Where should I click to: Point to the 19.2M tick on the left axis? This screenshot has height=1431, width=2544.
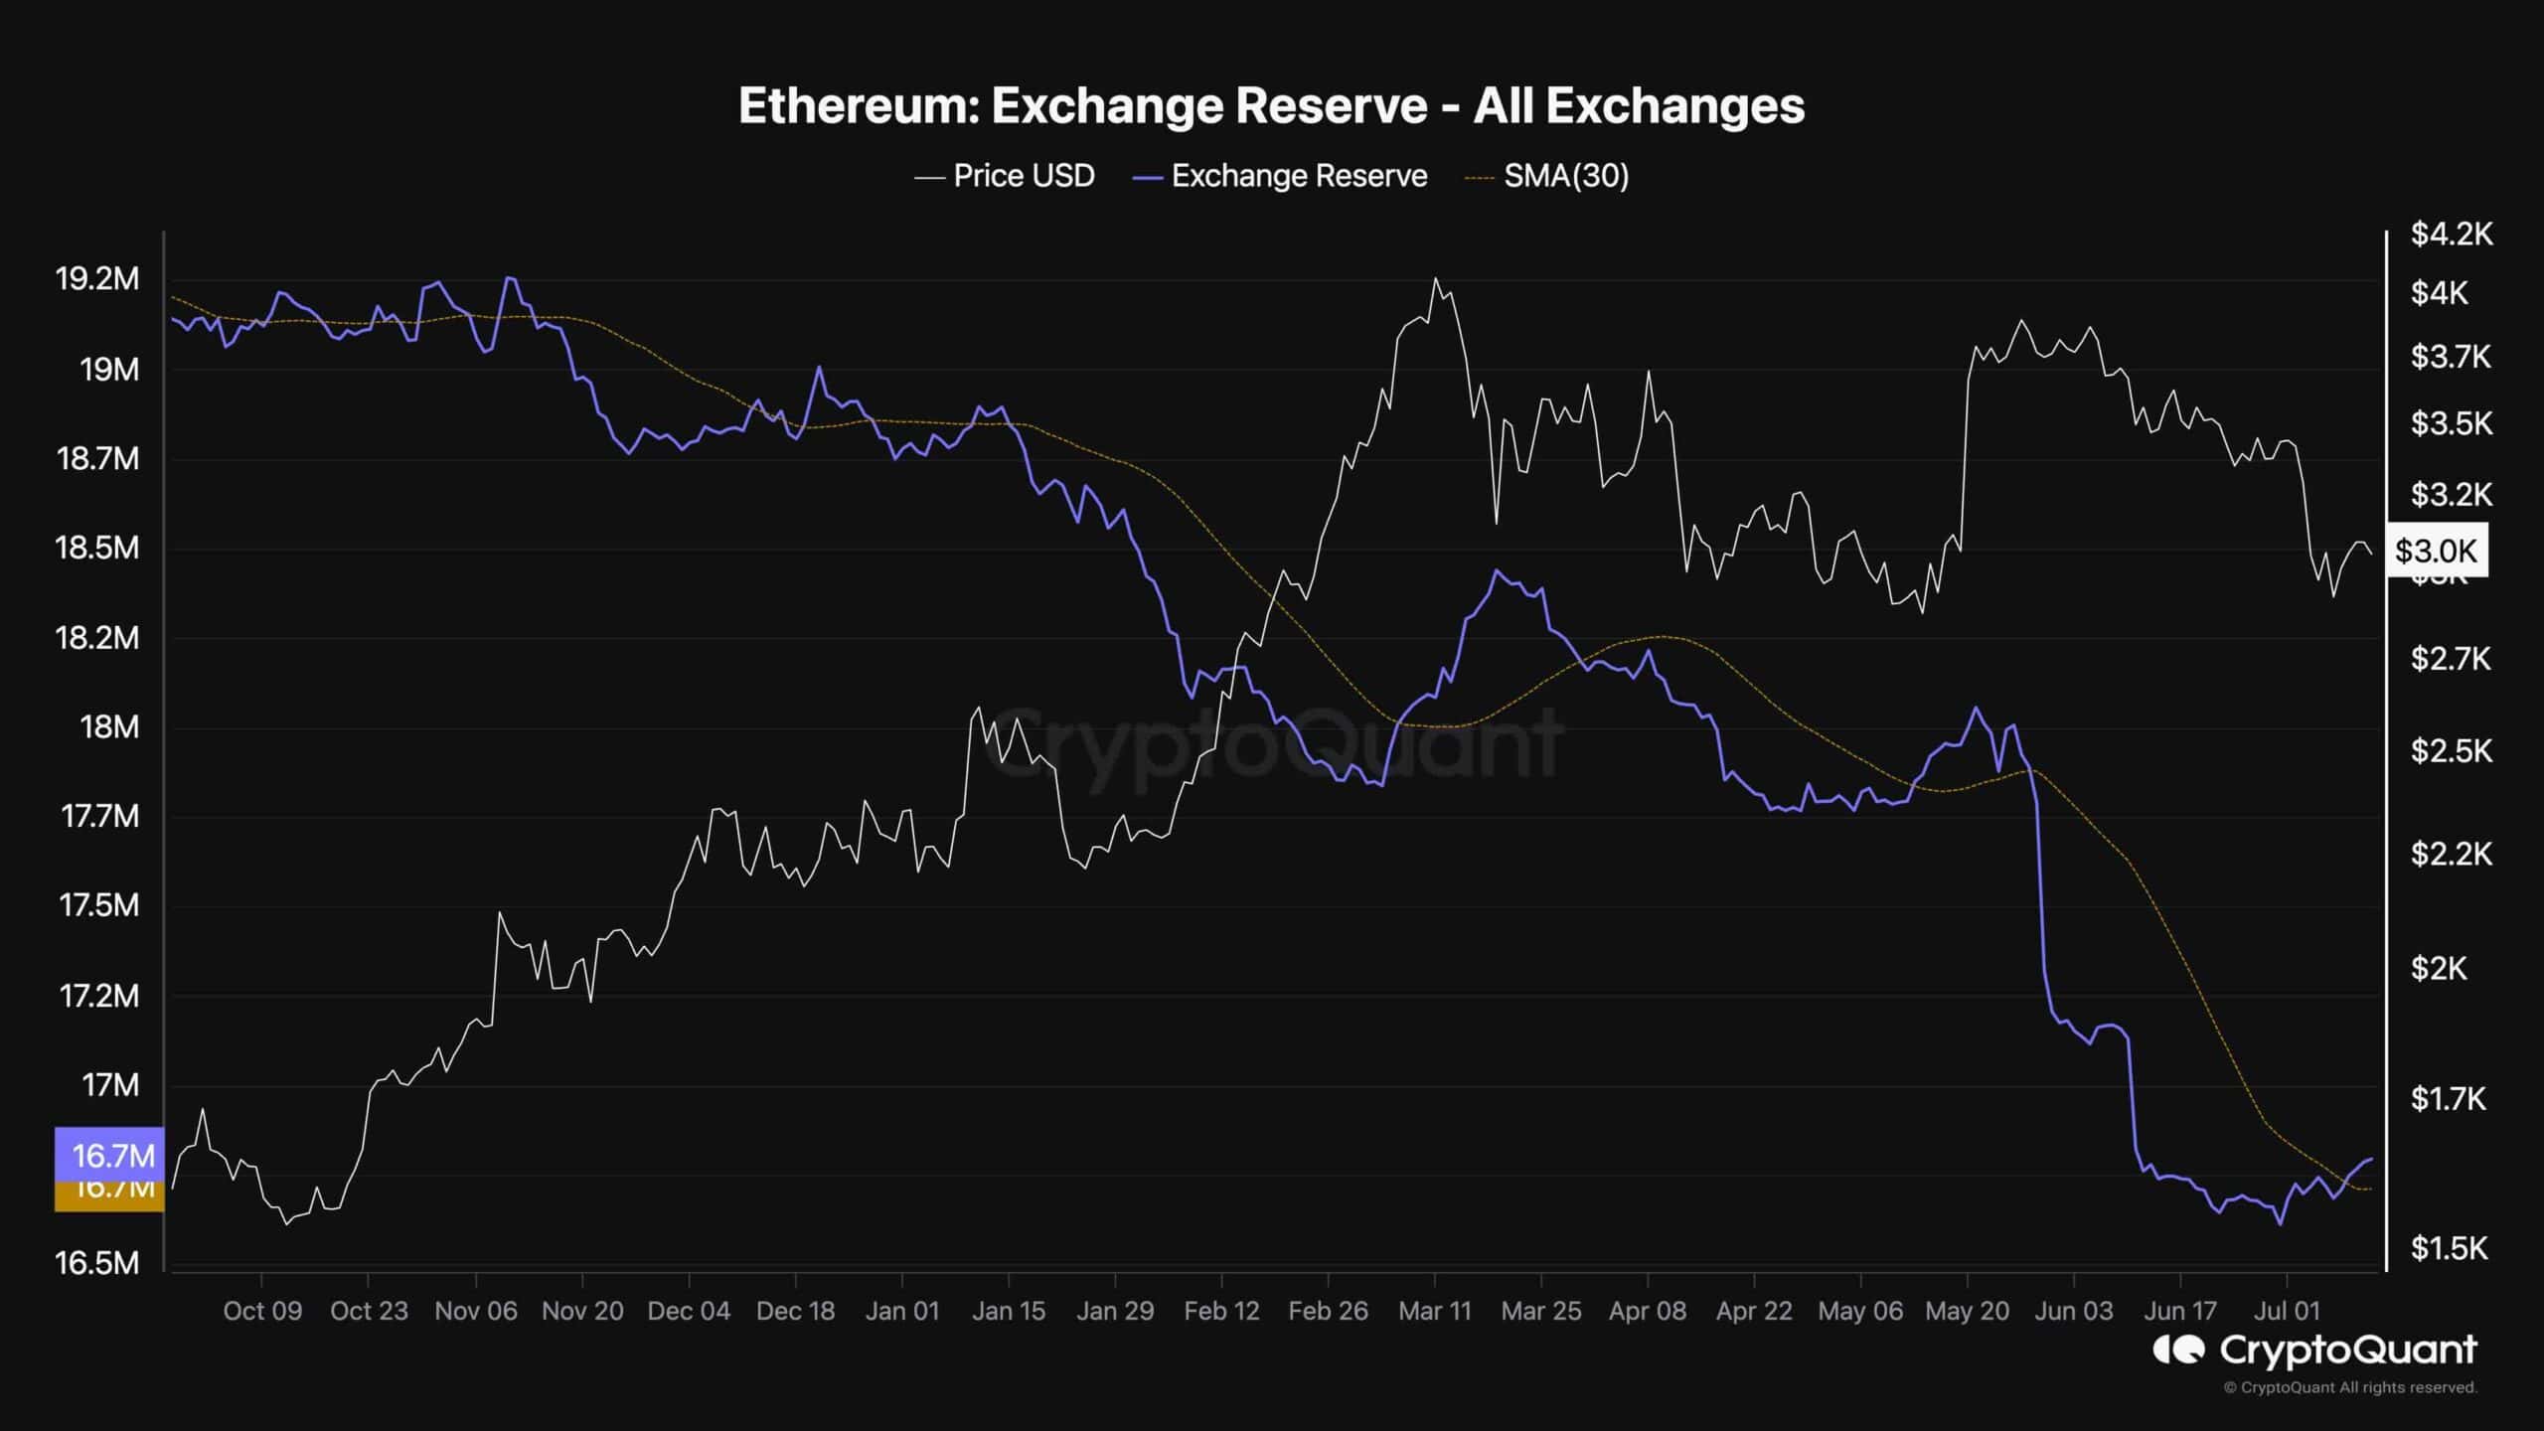click(97, 279)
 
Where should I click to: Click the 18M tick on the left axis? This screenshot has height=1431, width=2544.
click(109, 727)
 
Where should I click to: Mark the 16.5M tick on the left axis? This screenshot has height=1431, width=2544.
click(97, 1263)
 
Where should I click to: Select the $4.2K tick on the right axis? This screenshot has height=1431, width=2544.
click(2452, 234)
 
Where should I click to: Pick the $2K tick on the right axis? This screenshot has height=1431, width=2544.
click(2439, 968)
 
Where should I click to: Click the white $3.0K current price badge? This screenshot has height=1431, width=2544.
click(2436, 551)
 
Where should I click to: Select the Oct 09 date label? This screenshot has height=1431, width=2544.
click(262, 1311)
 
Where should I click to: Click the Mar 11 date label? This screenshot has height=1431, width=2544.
click(1434, 1311)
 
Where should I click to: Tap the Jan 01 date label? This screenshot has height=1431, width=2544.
click(901, 1311)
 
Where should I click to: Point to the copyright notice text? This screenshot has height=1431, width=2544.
click(2350, 1387)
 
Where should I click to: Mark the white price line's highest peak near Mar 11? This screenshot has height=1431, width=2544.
click(1435, 278)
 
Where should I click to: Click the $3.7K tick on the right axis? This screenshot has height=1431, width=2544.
click(2452, 357)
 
